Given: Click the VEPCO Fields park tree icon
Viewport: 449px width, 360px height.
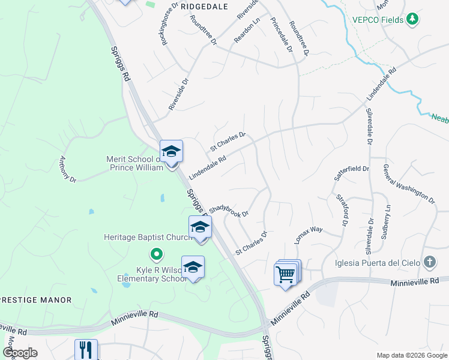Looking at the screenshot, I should coord(412,20).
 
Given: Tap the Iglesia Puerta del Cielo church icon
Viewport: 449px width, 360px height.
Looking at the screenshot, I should coord(429,262).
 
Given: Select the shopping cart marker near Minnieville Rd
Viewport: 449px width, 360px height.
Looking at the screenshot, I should coord(286,274).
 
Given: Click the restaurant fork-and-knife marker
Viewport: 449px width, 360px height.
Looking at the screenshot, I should coord(86,350).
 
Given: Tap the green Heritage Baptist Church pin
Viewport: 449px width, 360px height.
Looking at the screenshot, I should coord(156,254).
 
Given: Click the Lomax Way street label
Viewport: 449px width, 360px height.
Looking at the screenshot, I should coord(309,234).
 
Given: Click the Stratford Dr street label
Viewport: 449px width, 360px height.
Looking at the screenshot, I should coord(343,209).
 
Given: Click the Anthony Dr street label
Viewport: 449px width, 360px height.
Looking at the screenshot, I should coord(67,169).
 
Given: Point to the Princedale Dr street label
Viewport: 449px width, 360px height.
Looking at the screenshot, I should coord(282,34).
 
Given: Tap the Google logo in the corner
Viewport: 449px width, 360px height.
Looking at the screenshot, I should coord(20,353).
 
